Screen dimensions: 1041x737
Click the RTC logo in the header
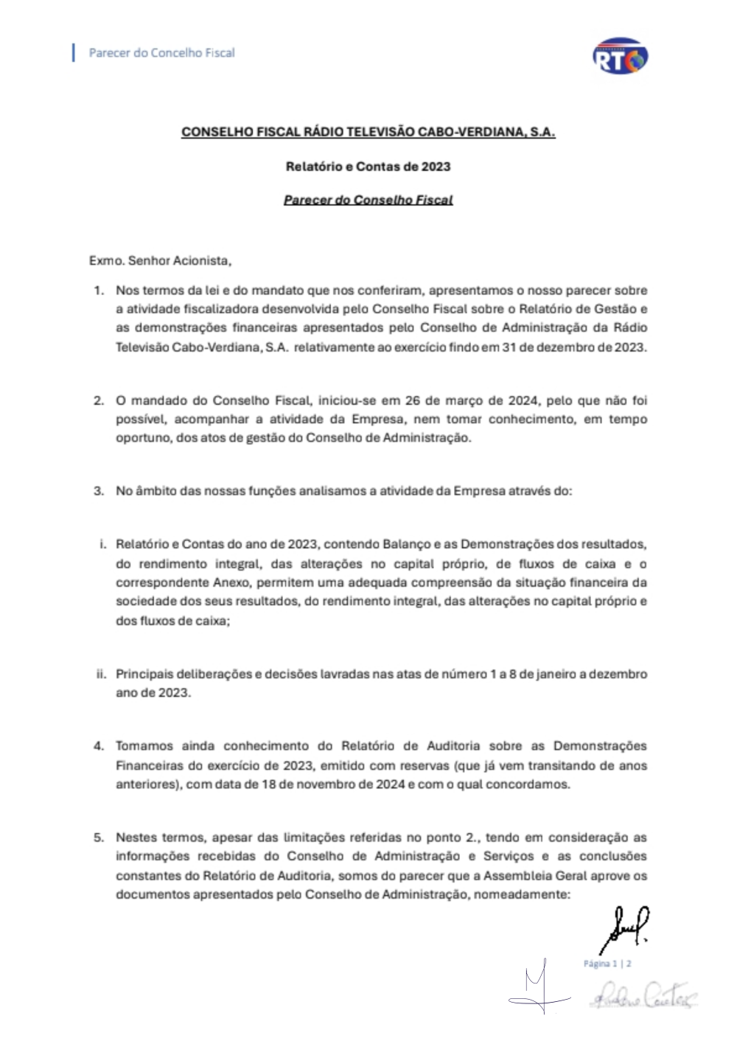click(x=620, y=57)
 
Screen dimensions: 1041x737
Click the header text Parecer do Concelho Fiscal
click(x=161, y=53)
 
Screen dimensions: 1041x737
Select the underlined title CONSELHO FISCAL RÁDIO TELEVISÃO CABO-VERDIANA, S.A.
click(x=368, y=132)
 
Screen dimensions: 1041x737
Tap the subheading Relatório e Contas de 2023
click(x=368, y=167)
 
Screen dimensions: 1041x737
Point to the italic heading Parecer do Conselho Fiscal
click(x=368, y=200)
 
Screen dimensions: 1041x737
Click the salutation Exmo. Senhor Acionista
click(x=160, y=260)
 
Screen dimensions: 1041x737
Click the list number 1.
click(x=99, y=290)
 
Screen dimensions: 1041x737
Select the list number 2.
click(x=99, y=401)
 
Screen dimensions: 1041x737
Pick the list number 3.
click(x=99, y=491)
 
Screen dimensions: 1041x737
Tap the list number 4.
click(x=99, y=746)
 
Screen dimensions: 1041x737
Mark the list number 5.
click(x=99, y=838)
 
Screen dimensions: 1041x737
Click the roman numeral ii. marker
click(x=101, y=674)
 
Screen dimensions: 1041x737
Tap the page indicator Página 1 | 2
click(x=607, y=964)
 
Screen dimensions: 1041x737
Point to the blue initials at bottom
click(x=539, y=988)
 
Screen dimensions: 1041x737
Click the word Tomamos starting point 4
click(x=145, y=746)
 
